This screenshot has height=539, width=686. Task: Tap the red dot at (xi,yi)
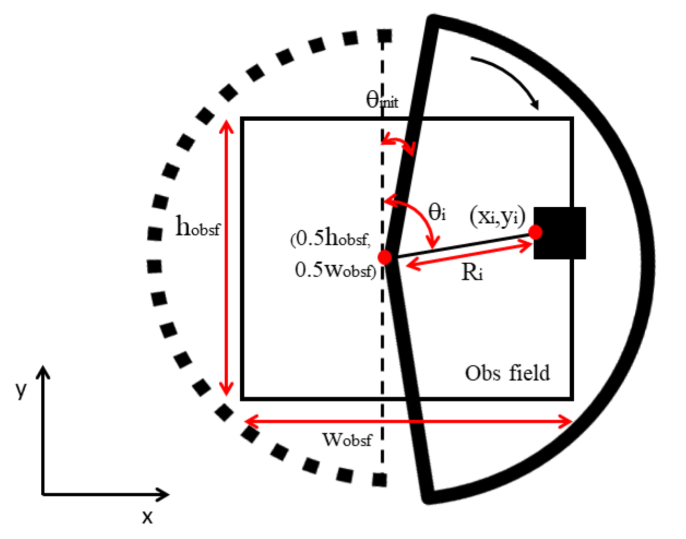pyautogui.click(x=535, y=232)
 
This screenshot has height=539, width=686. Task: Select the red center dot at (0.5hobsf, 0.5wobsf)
pyautogui.click(x=385, y=257)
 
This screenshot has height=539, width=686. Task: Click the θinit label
pyautogui.click(x=382, y=99)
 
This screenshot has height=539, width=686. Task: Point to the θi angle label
pyautogui.click(x=437, y=212)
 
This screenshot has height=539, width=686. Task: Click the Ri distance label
pyautogui.click(x=472, y=272)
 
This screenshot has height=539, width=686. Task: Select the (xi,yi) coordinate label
pyautogui.click(x=497, y=216)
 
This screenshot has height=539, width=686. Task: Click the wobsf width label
pyautogui.click(x=347, y=440)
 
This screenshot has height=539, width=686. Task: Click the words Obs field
pyautogui.click(x=507, y=373)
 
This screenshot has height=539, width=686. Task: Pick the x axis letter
pyautogui.click(x=148, y=517)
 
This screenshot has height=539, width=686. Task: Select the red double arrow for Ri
pyautogui.click(x=469, y=255)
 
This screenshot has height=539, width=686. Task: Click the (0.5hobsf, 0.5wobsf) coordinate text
pyautogui.click(x=333, y=254)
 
